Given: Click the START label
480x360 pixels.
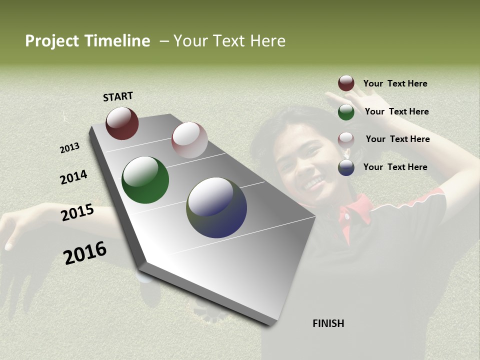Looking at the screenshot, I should pyautogui.click(x=118, y=96).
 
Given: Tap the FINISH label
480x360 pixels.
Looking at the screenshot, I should pyautogui.click(x=328, y=323).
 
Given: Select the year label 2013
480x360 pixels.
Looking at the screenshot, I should pyautogui.click(x=70, y=147).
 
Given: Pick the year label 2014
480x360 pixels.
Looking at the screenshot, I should pyautogui.click(x=73, y=177).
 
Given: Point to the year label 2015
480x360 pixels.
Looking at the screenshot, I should pyautogui.click(x=77, y=212).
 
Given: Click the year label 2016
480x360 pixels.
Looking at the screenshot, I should pyautogui.click(x=85, y=252).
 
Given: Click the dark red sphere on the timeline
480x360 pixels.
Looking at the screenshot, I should pyautogui.click(x=122, y=123).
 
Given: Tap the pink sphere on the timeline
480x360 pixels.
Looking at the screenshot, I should pyautogui.click(x=189, y=140).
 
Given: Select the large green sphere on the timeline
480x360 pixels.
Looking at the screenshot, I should pyautogui.click(x=145, y=180).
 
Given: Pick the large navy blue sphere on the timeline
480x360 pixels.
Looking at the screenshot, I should pyautogui.click(x=216, y=207).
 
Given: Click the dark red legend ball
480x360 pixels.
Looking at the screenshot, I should pyautogui.click(x=346, y=83).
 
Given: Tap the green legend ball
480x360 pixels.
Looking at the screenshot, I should pyautogui.click(x=346, y=112).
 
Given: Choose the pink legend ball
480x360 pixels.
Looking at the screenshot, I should pyautogui.click(x=346, y=139).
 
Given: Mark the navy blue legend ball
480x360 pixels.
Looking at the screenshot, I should pyautogui.click(x=346, y=167).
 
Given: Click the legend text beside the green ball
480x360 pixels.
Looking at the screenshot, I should pyautogui.click(x=396, y=111).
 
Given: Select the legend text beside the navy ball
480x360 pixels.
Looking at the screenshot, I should pyautogui.click(x=395, y=167).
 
